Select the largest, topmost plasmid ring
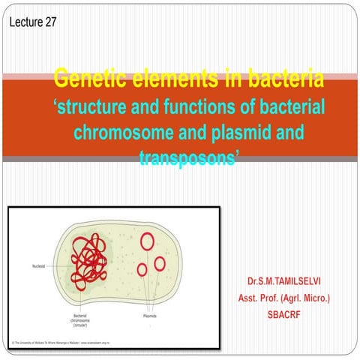tap(148, 241)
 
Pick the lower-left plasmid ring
tap(142, 268)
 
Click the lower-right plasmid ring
tap(160, 263)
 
